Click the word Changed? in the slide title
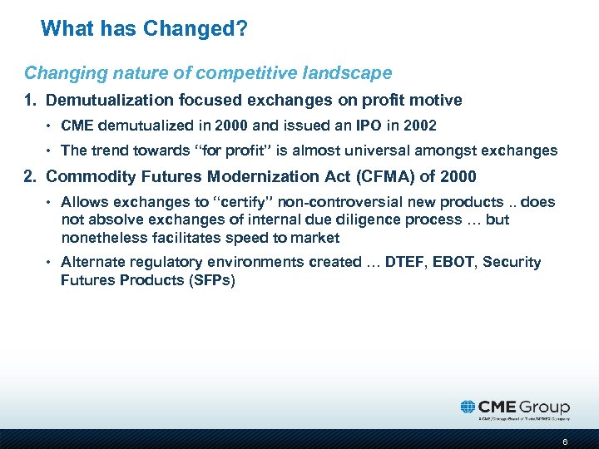click(196, 29)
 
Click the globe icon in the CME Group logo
click(468, 407)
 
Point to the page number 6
click(565, 442)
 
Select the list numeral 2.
click(29, 176)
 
